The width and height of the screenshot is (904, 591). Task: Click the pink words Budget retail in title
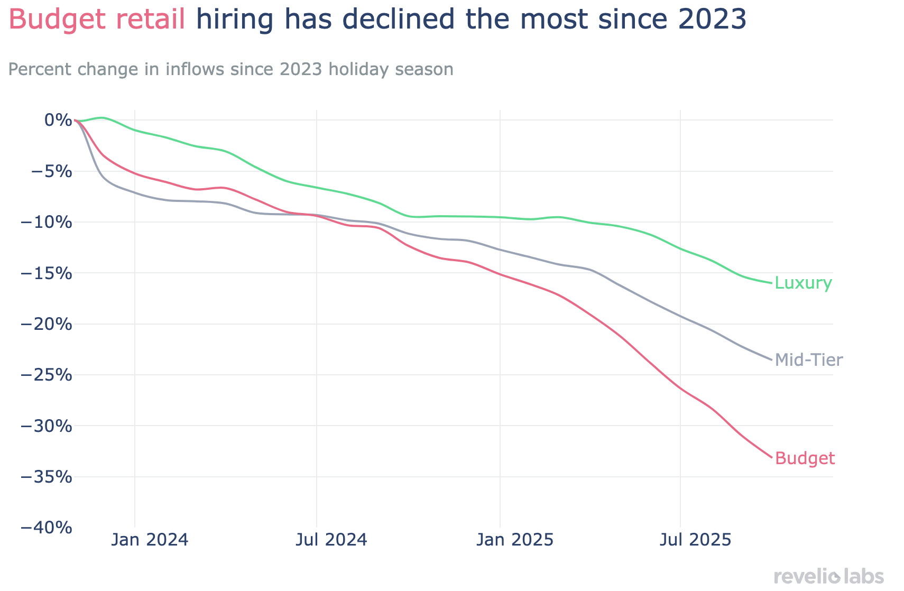[97, 20]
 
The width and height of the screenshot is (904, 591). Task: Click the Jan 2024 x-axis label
[150, 541]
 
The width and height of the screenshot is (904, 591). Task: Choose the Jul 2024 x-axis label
[331, 541]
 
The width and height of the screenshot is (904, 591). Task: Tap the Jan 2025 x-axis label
[514, 541]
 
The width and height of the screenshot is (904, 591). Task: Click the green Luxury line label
[803, 283]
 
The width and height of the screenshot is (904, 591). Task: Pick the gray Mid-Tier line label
[808, 361]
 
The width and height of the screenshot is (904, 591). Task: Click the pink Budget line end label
[805, 458]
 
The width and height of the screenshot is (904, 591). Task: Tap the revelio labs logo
[828, 576]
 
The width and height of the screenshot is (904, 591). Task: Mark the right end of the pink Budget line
[772, 457]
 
